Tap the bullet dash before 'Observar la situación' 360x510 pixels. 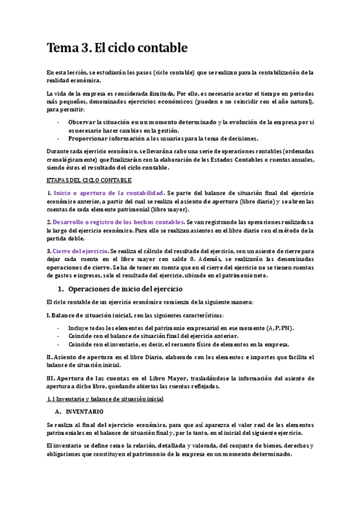[x=58, y=121]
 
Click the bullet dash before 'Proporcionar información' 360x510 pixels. [x=58, y=138]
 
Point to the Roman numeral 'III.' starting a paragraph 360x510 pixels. [x=51, y=378]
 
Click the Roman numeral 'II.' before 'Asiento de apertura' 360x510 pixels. [x=50, y=357]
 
